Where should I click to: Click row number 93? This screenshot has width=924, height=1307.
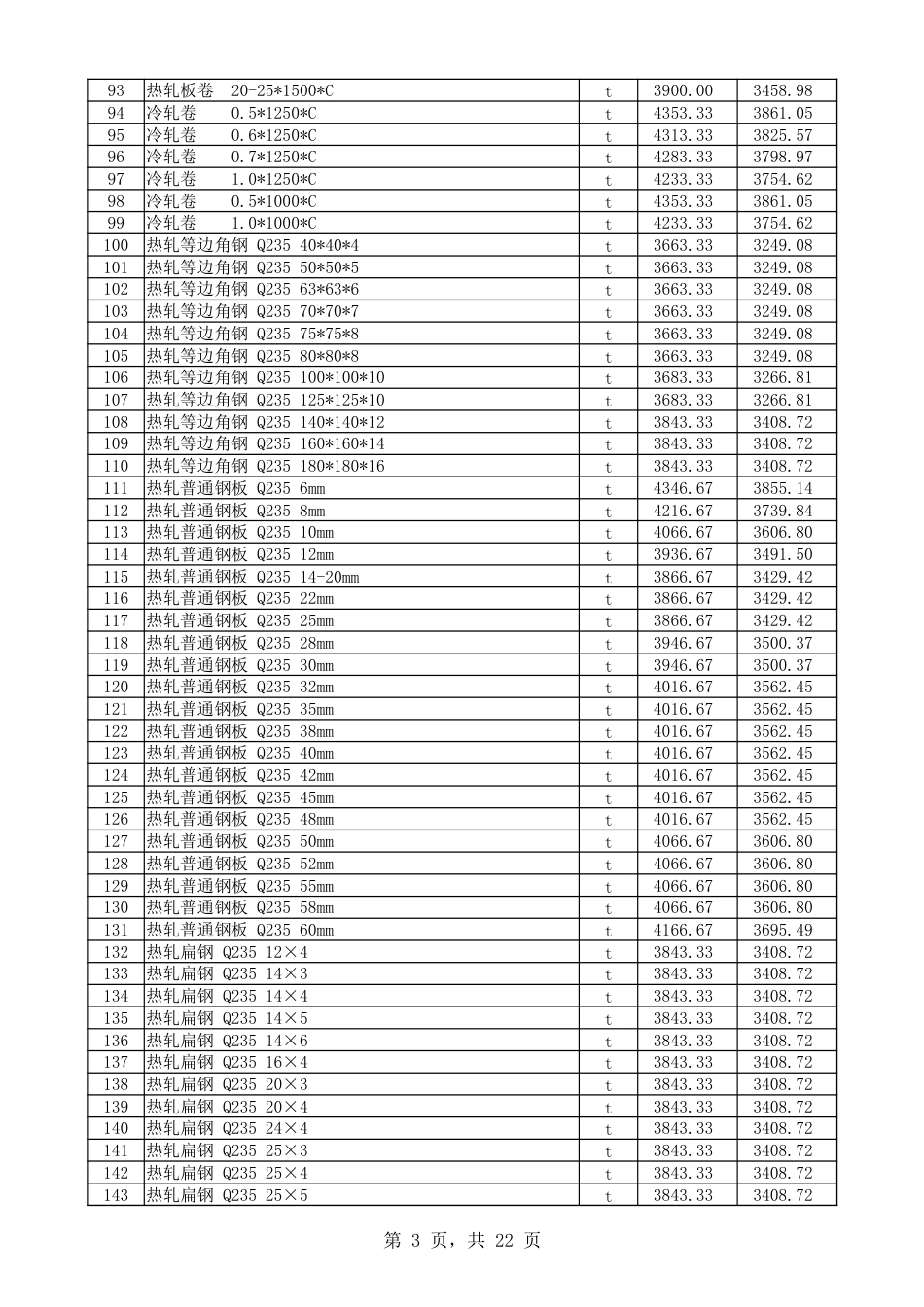[x=116, y=90]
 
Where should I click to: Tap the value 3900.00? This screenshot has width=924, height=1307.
[x=683, y=90]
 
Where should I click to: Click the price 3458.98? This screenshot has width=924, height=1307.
[x=782, y=90]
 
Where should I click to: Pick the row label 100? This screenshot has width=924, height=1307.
[x=116, y=245]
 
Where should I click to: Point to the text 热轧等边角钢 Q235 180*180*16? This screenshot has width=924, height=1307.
[x=266, y=466]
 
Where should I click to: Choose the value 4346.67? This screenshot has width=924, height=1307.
[x=683, y=488]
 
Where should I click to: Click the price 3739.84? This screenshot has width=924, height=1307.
[x=782, y=511]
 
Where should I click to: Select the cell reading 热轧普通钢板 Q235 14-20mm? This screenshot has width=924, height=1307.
[x=253, y=577]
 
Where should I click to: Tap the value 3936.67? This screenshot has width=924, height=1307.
[x=683, y=554]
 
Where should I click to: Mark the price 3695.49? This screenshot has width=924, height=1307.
[x=782, y=930]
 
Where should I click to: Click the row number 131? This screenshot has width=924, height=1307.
[x=116, y=930]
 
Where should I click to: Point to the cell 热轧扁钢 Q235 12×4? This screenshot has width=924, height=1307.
[x=227, y=952]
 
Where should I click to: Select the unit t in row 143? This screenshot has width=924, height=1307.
[x=609, y=1195]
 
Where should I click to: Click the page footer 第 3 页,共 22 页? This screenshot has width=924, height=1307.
[x=462, y=1240]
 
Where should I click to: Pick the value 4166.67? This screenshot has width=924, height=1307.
[x=683, y=930]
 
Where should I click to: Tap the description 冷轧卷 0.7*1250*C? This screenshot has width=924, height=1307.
[x=231, y=157]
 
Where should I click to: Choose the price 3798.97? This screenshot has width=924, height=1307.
[x=782, y=157]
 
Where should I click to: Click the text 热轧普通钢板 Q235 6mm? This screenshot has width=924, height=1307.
[x=236, y=488]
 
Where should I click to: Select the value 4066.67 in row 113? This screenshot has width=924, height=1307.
[x=683, y=532]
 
